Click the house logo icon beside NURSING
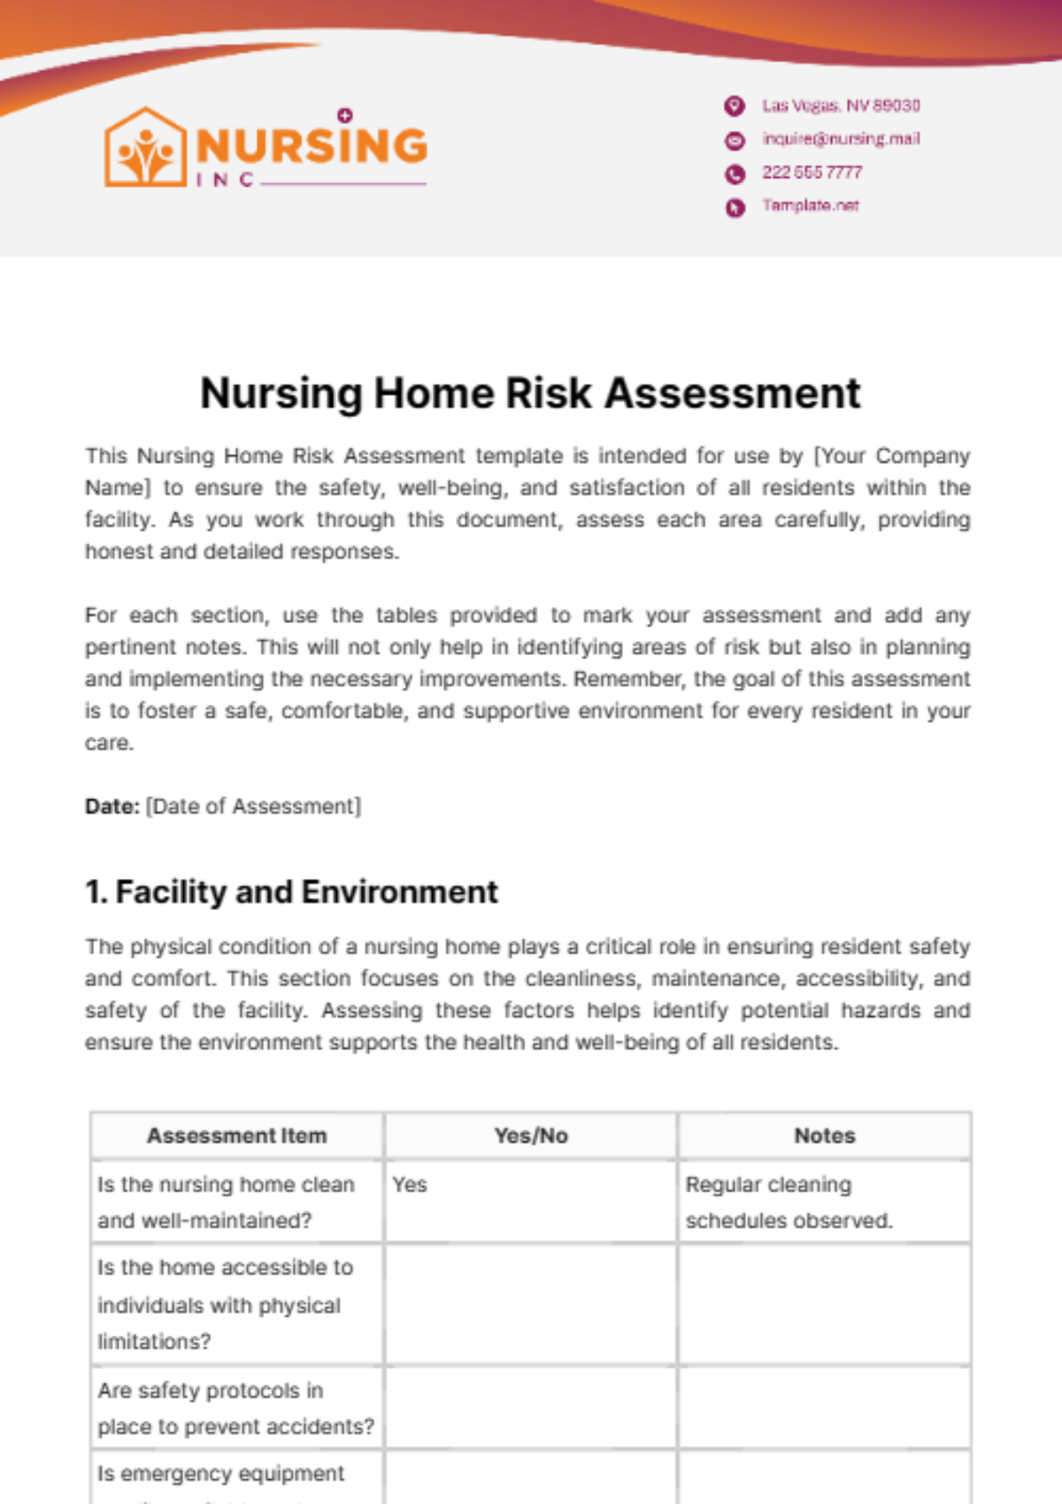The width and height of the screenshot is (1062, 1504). pos(145,148)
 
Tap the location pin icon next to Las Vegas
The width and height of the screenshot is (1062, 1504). pos(735,106)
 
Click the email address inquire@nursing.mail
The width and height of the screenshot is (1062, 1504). pos(841,139)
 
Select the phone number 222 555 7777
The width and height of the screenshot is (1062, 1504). pos(812,173)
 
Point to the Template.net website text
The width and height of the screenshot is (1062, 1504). pos(811,205)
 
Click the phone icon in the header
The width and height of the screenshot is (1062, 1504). pos(735,174)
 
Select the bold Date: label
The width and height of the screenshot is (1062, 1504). pos(112,806)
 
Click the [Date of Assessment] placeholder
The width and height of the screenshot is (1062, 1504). pos(253,806)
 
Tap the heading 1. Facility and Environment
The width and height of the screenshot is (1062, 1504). pos(292,891)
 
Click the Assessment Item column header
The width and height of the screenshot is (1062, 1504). pos(236,1136)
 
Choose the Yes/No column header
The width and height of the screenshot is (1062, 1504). pos(531,1136)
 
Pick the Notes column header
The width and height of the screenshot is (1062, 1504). pos(824,1136)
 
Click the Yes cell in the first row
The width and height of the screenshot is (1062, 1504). pos(410,1184)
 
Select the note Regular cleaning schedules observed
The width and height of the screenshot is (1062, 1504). pos(788,1202)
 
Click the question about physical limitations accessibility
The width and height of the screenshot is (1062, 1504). pos(225,1305)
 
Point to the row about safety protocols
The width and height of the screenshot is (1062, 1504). pos(235,1408)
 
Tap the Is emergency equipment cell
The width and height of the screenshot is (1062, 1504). pos(221,1474)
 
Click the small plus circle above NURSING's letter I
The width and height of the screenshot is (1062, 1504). pos(345,115)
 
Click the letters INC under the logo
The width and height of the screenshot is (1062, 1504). pos(225,180)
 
